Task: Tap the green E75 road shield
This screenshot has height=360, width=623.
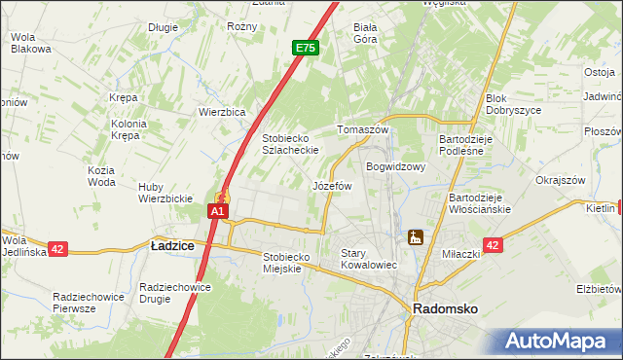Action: click(x=305, y=47)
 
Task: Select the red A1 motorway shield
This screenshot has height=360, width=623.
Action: click(x=219, y=210)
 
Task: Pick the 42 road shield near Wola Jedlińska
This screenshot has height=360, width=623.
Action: click(x=57, y=249)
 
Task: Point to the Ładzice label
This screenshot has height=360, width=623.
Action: click(x=172, y=247)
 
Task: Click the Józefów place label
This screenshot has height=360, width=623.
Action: click(x=332, y=185)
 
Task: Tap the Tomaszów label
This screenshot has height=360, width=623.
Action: click(x=362, y=129)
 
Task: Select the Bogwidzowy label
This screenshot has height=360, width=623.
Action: click(x=397, y=166)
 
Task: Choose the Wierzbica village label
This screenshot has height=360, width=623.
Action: click(x=222, y=112)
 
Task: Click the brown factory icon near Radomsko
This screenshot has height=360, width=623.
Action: click(x=416, y=236)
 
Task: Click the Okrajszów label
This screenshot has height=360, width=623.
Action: click(x=560, y=180)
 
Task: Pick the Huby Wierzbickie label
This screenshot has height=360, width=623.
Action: click(x=165, y=193)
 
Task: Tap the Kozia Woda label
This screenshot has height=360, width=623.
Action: click(x=101, y=176)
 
